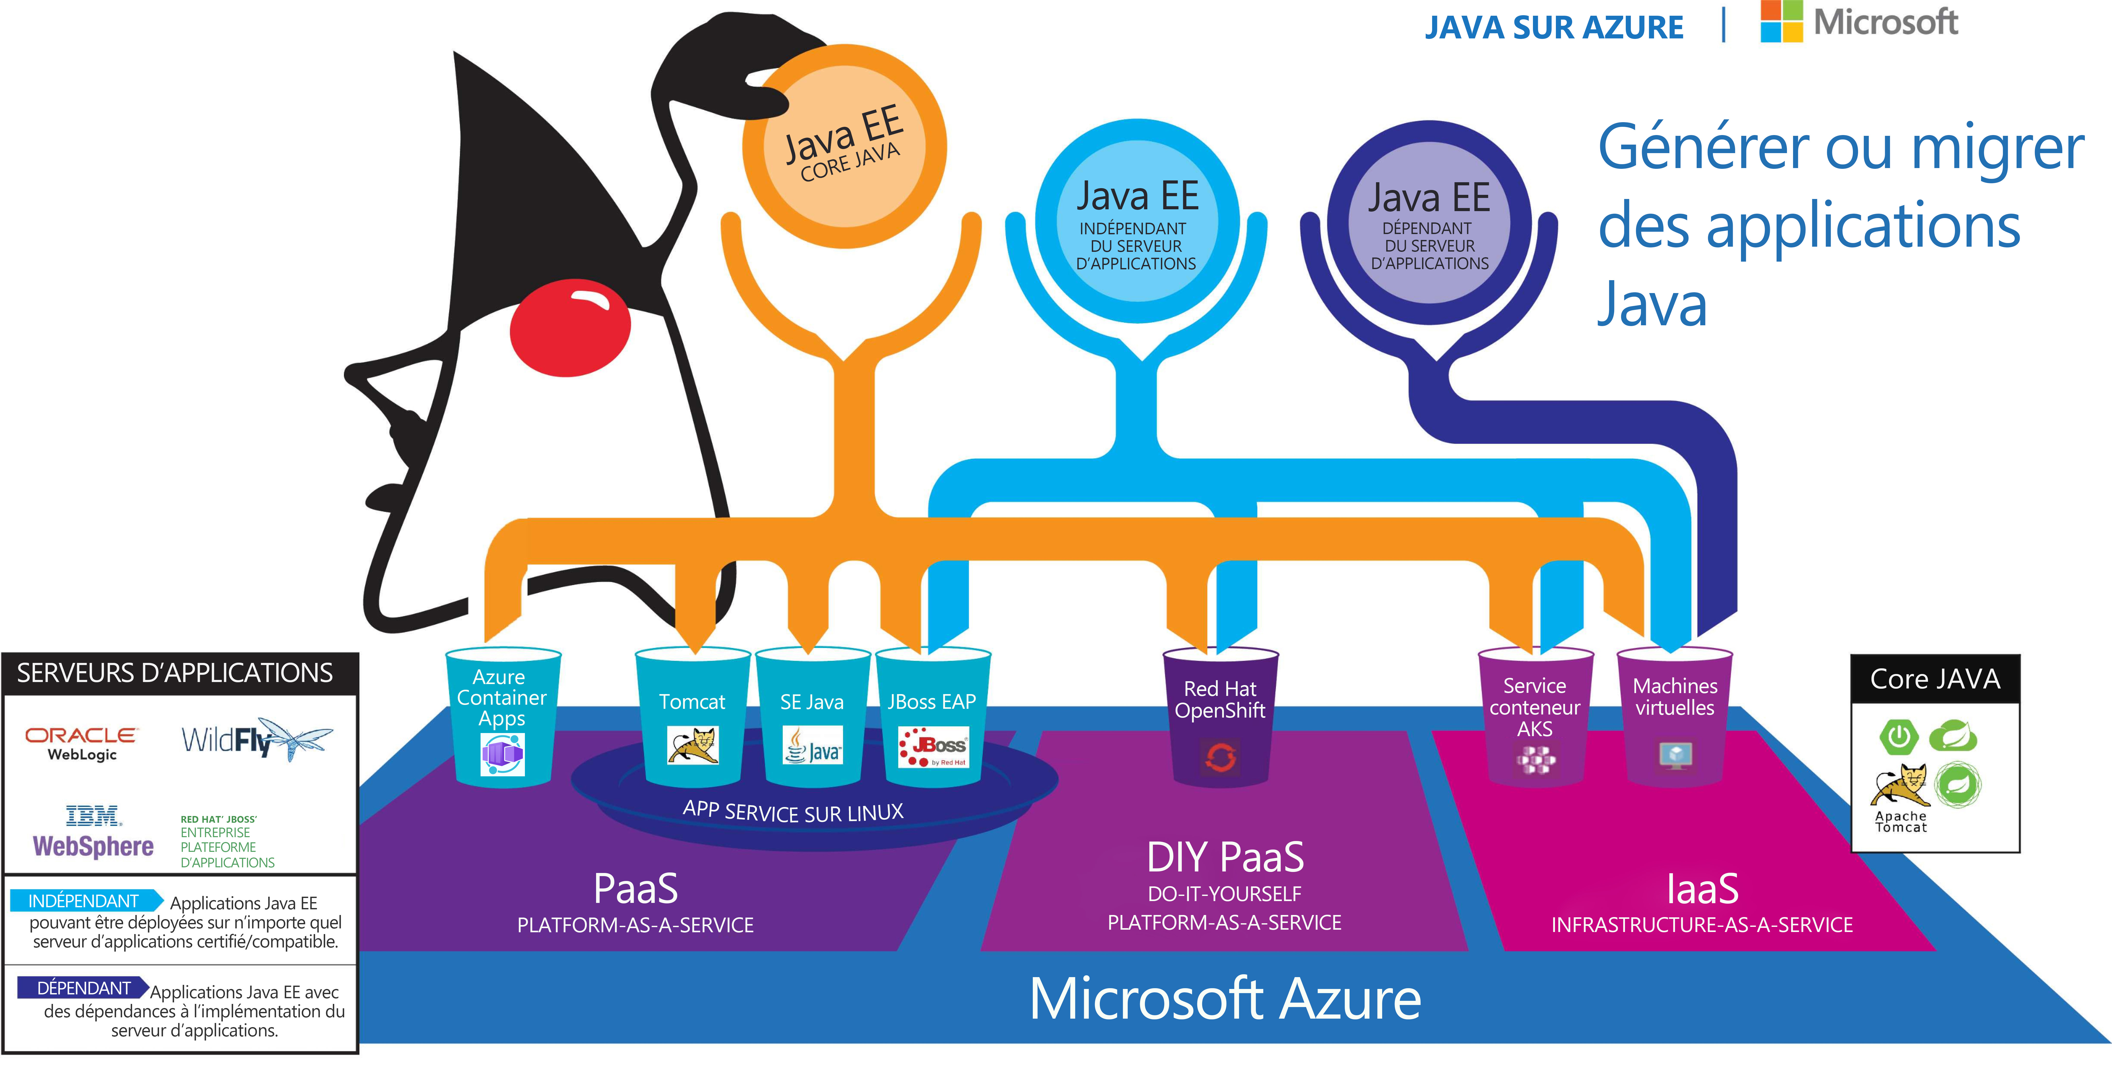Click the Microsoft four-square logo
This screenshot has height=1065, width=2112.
(x=1781, y=21)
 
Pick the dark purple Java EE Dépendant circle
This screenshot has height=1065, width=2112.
(x=1429, y=223)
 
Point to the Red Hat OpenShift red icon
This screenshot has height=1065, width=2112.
(x=1220, y=757)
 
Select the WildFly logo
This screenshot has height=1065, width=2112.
(x=256, y=739)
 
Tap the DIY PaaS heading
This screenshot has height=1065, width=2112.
(x=1225, y=858)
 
